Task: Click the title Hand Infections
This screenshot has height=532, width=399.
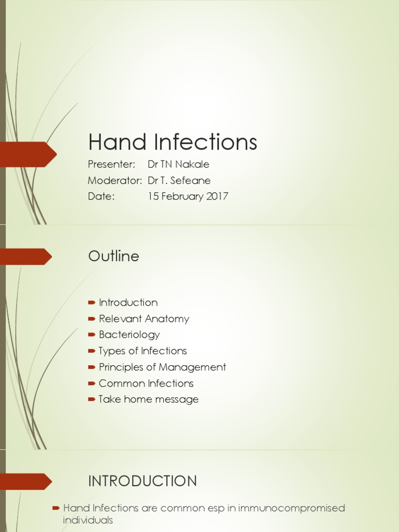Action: point(172,142)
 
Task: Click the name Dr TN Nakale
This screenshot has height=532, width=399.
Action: point(178,165)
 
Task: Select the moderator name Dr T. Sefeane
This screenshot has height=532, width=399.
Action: point(179,181)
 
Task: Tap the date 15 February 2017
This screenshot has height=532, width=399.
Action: point(188,197)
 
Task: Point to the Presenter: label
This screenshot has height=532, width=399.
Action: point(112,165)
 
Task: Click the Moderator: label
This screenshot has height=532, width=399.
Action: point(115,181)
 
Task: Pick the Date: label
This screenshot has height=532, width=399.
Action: point(101,197)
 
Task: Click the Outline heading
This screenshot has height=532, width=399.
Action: point(114,256)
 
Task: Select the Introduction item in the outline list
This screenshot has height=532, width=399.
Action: point(128,302)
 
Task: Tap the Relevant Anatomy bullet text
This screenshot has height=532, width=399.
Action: point(144,318)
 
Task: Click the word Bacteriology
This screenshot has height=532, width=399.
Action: point(129,335)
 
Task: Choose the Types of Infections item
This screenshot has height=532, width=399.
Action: point(143,351)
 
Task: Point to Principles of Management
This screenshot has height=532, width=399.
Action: point(162,367)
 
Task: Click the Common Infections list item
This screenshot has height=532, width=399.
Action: point(146,383)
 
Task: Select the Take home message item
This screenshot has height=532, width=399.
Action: point(149,400)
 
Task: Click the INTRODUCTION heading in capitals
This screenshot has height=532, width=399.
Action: point(142,481)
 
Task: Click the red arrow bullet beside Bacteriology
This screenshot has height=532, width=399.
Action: point(92,335)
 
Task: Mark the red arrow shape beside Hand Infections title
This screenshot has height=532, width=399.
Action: point(28,154)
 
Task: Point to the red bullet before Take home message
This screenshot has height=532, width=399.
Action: point(92,400)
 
